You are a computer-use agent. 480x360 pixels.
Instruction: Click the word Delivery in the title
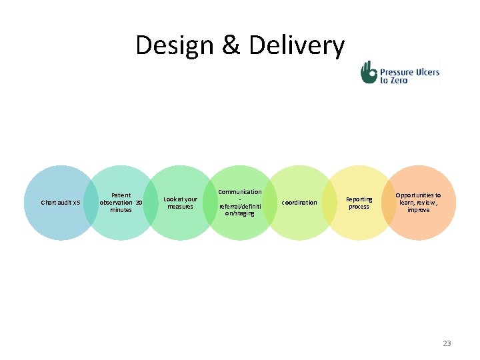point(297,46)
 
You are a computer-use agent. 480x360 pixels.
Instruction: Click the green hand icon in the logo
point(369,73)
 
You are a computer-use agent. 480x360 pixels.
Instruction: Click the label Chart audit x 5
point(61,203)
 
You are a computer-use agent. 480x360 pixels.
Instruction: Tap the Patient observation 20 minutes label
point(121,203)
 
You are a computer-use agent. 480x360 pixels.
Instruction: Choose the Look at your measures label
point(180,203)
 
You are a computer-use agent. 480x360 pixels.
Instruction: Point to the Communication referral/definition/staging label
point(240,203)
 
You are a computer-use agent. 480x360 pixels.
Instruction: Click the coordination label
point(299,203)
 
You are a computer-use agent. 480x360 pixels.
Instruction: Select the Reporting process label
point(359,203)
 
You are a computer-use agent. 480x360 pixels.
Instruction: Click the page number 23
point(447,343)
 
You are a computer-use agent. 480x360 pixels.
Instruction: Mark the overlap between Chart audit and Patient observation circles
point(91,203)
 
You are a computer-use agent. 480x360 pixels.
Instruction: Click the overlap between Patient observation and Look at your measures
point(151,203)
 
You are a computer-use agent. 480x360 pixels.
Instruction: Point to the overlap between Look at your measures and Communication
point(211,203)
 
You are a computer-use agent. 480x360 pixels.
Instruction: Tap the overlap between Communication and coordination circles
point(270,203)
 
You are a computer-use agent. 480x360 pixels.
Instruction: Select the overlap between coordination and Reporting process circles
point(329,203)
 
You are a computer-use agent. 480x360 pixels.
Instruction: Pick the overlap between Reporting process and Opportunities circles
point(389,203)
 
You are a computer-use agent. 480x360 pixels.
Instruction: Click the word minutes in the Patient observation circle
point(121,210)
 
